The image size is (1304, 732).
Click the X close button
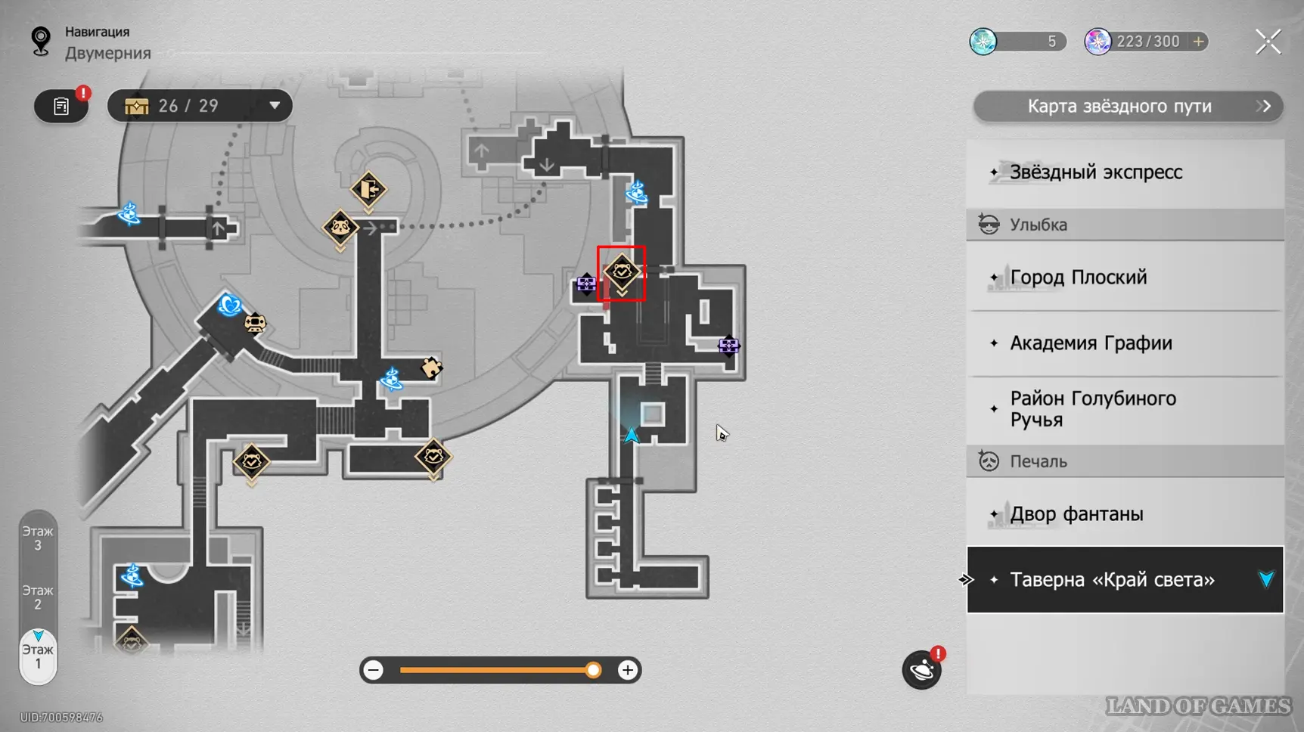(x=1268, y=42)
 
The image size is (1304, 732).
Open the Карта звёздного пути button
(x=1127, y=107)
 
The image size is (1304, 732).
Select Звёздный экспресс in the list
(x=1095, y=172)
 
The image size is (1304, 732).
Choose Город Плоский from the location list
(x=1078, y=278)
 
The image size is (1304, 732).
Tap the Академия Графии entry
(x=1091, y=343)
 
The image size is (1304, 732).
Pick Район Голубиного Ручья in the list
(x=1092, y=409)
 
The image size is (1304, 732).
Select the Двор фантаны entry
(x=1076, y=514)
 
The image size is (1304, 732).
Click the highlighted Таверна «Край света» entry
(x=1112, y=580)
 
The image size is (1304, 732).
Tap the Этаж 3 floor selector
(x=38, y=538)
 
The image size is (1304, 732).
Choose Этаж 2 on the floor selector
(x=38, y=597)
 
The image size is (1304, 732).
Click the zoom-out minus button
(x=373, y=670)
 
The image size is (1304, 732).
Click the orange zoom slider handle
(x=593, y=670)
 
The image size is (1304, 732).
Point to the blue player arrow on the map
(x=631, y=435)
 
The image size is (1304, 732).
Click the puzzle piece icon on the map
(x=431, y=368)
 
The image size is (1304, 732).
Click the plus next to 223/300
(x=1199, y=42)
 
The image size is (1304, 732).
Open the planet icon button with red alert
(x=921, y=670)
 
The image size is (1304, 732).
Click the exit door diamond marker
(x=368, y=189)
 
